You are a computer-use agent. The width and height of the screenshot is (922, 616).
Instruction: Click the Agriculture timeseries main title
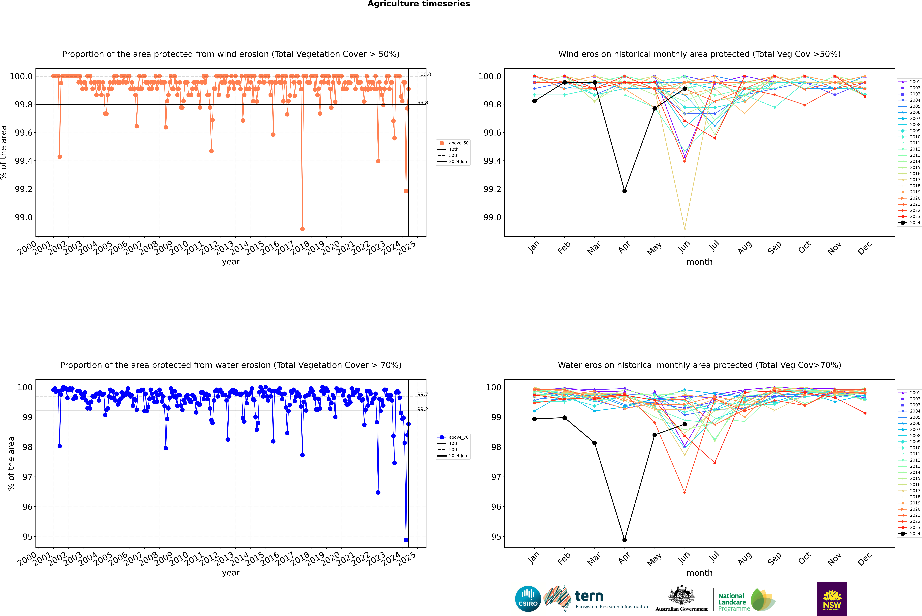[x=419, y=4]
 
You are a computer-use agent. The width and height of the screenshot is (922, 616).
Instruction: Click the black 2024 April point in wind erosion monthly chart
[x=625, y=191]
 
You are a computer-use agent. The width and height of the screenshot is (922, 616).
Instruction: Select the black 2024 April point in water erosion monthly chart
[x=625, y=540]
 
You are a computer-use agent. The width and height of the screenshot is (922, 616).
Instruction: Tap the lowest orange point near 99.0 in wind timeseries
[x=302, y=229]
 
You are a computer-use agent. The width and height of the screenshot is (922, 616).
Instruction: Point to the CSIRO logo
[x=528, y=599]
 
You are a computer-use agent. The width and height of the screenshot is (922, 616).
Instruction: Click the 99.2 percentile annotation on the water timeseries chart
[x=423, y=409]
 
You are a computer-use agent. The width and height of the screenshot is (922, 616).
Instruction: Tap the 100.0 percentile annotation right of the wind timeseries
[x=424, y=74]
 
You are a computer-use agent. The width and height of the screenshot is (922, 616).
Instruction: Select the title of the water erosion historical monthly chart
[x=699, y=365]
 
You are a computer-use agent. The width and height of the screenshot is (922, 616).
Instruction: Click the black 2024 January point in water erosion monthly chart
[x=534, y=419]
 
